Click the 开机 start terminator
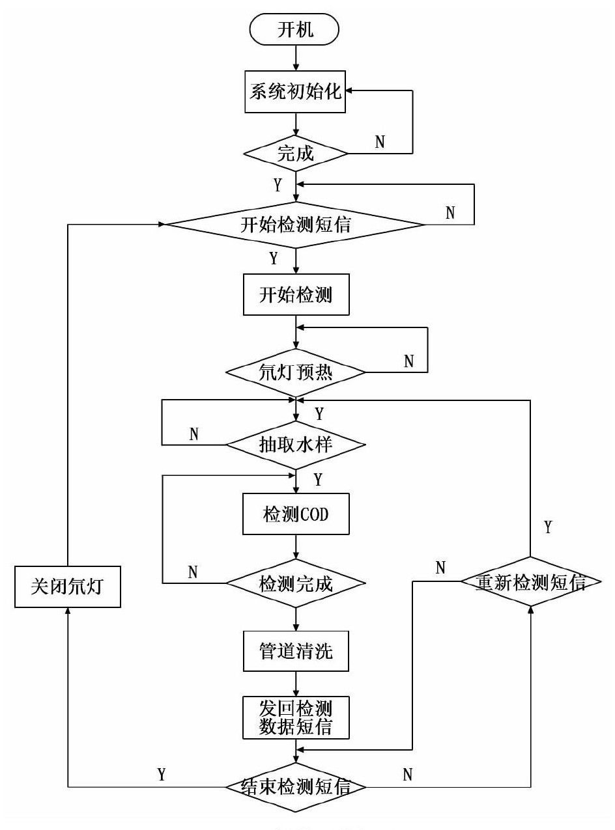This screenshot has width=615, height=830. [x=296, y=30]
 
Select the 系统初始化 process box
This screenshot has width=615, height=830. [x=296, y=91]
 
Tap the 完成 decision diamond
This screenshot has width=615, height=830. [x=296, y=154]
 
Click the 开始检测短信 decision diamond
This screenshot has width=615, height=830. [x=296, y=225]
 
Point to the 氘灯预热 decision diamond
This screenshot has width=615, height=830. [x=296, y=372]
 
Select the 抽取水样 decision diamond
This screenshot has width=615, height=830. [x=296, y=445]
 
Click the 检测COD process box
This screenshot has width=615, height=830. [x=296, y=514]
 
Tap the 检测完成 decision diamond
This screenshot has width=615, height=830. [x=296, y=583]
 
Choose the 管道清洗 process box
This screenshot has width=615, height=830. [x=296, y=651]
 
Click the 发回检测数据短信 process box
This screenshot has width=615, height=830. [x=296, y=717]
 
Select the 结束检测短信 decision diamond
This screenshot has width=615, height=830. [x=296, y=787]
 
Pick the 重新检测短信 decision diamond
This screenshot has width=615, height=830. [x=530, y=583]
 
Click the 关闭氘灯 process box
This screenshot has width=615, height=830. [x=68, y=587]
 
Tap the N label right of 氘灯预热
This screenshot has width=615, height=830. [x=408, y=361]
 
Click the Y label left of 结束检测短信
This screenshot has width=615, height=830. [x=162, y=775]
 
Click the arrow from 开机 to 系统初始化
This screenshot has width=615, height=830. [x=296, y=57]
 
